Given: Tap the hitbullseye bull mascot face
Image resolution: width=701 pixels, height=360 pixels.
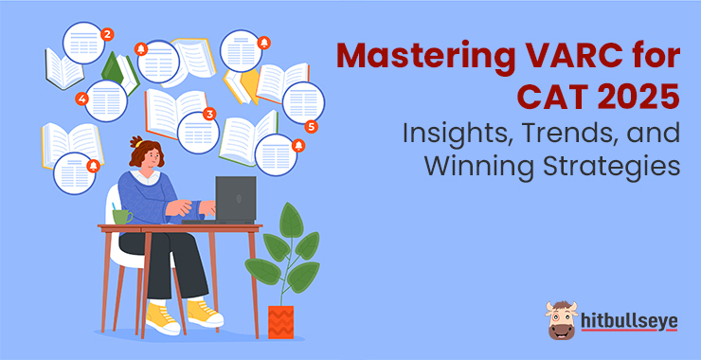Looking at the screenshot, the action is coord(561,320).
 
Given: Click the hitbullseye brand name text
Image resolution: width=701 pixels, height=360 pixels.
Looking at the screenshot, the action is coord(630,321).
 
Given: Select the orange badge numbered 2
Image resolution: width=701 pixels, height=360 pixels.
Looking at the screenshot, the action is coord(107,34).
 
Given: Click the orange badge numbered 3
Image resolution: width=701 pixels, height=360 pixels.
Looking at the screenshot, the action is coord(208,114).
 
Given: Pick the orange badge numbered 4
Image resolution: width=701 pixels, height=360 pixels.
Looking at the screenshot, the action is coord(81,99).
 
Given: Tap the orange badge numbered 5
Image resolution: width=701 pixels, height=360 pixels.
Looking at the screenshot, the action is coord(311,127).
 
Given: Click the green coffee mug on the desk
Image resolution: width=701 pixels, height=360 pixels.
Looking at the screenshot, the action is coord(121,216).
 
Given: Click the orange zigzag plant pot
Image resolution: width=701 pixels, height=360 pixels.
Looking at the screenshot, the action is coord(280,322).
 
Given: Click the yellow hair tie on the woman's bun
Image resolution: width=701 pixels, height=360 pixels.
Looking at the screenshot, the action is coord(139,144).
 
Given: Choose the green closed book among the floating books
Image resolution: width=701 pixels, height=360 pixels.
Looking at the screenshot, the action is coord(113,68).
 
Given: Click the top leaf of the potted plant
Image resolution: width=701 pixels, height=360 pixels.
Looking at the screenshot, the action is coord(292,220).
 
